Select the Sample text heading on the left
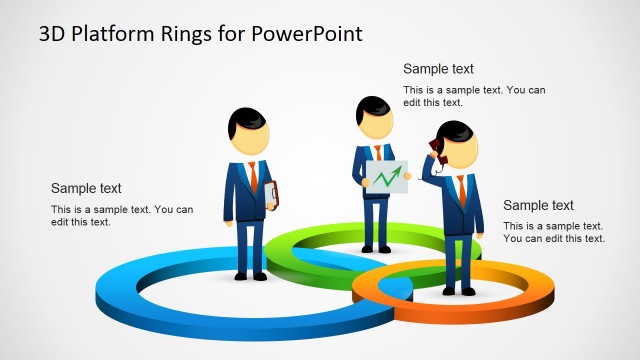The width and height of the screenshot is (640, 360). click(x=86, y=188)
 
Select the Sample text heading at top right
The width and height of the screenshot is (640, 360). click(x=438, y=69)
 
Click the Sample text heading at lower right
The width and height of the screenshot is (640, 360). click(x=538, y=205)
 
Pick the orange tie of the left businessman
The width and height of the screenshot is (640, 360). click(x=254, y=176)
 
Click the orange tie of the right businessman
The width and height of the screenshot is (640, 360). click(x=461, y=188)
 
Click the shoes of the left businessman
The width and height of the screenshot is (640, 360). click(x=250, y=275)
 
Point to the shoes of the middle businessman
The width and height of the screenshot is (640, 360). click(x=376, y=248)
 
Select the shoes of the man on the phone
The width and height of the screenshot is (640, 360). click(x=458, y=291)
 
